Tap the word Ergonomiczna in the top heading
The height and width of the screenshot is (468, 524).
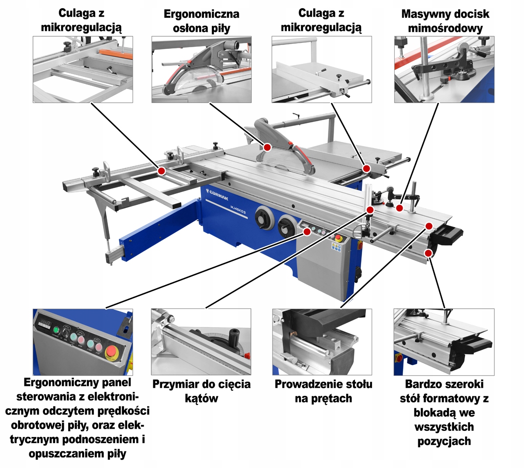click(201, 14)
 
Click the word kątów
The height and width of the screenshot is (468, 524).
click(201, 399)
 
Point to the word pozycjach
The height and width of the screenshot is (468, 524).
click(444, 441)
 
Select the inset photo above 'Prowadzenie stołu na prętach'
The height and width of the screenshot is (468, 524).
click(322, 342)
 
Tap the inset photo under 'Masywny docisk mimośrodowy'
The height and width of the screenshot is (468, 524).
click(444, 69)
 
